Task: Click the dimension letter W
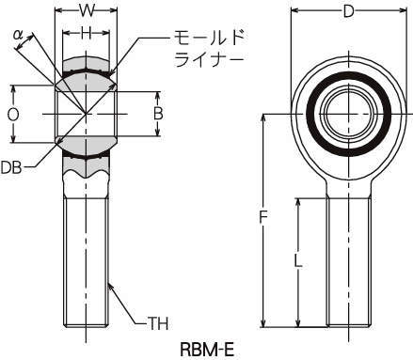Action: [87, 11]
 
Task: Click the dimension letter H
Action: [87, 33]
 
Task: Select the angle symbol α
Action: [18, 35]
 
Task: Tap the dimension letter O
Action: [13, 115]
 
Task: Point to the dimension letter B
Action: [158, 114]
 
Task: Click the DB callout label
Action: [11, 167]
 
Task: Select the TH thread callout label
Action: [158, 323]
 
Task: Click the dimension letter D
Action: [348, 12]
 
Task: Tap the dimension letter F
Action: [263, 217]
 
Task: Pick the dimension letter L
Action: [298, 260]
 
